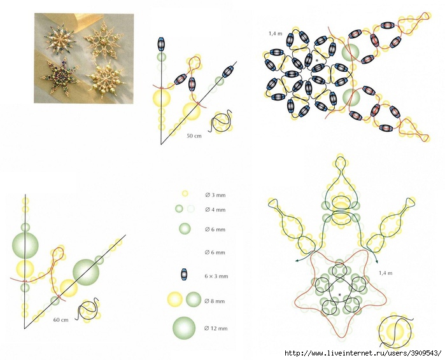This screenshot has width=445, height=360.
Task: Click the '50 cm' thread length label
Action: [x=194, y=135]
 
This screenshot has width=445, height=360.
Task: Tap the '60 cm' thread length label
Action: [x=60, y=320]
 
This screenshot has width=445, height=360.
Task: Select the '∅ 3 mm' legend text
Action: [x=215, y=195]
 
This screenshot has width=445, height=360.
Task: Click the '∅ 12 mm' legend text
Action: [x=216, y=328]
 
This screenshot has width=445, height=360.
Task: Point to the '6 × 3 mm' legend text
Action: [x=216, y=276]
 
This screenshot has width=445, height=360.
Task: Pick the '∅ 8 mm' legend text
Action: [x=215, y=301]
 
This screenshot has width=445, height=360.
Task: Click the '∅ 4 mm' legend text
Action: [x=215, y=210]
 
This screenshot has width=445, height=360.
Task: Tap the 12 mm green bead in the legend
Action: [x=184, y=329]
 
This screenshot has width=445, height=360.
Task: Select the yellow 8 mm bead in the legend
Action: [x=175, y=300]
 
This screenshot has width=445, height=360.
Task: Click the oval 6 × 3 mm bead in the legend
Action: [x=185, y=275]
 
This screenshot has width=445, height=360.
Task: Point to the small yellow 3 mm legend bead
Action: [x=185, y=193]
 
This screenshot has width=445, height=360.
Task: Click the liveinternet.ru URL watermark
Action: [x=363, y=353]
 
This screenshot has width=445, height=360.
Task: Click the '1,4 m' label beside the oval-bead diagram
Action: [x=275, y=34]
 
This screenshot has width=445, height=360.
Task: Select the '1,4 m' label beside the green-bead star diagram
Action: [x=386, y=273]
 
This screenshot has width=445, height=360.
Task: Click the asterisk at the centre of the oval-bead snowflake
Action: [x=317, y=60]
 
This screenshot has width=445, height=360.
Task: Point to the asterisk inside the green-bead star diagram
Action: [x=339, y=295]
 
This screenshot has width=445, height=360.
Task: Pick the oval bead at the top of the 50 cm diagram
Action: [x=162, y=45]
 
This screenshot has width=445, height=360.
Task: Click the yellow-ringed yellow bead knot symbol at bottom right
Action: [x=395, y=331]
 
